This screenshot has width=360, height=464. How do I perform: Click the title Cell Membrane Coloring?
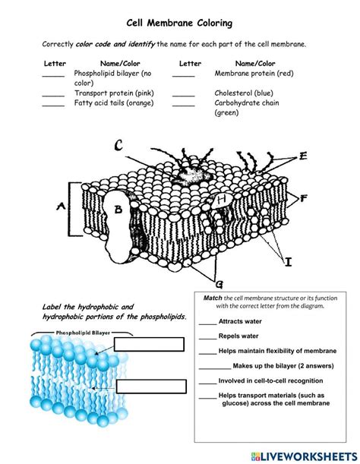179,24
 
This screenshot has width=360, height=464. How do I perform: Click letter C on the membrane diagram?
118,146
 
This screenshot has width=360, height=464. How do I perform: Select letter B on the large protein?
118,210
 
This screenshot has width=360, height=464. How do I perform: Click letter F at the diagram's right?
303,199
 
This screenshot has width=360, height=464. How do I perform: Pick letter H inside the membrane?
221,200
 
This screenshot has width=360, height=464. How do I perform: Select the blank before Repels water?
207,336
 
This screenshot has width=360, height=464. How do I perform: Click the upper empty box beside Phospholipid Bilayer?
150,344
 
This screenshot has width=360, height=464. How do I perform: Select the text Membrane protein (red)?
254,74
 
